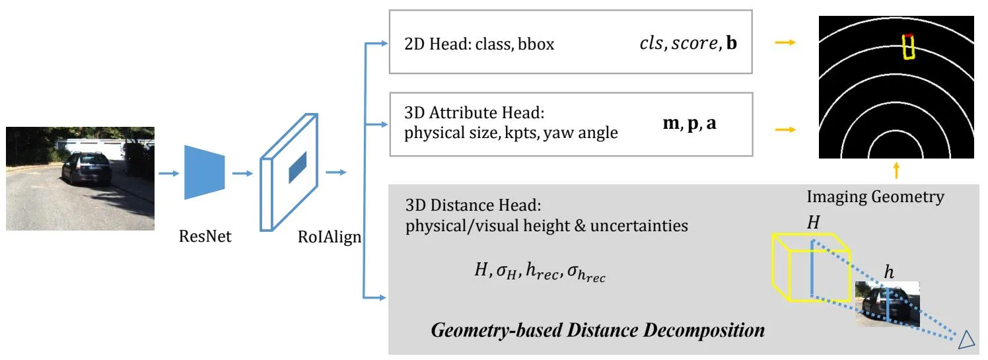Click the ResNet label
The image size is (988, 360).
pos(205,236)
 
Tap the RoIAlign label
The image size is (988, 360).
pos(330,237)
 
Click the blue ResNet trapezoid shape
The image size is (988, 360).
pos(205,172)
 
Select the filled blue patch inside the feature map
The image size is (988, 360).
pos(298,167)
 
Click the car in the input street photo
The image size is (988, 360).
pos(87,168)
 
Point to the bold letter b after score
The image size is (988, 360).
pos(731,43)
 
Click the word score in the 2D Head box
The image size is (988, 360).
pos(695,43)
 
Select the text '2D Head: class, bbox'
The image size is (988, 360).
pos(479,44)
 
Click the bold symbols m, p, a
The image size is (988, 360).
pos(689,124)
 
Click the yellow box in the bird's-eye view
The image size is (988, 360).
pos(908,47)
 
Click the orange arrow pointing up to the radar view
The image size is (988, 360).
pos(896,170)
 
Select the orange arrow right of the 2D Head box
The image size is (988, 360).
pos(785,42)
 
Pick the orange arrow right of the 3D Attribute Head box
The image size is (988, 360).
pos(785,129)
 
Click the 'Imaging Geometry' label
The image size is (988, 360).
pos(876,197)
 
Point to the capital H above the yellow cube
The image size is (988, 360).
pos(814,223)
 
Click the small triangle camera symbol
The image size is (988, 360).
pos(966,340)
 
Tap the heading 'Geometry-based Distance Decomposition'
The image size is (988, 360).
pos(598,330)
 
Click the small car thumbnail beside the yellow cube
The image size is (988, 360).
pos(888,304)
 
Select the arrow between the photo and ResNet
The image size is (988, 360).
pos(169,173)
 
